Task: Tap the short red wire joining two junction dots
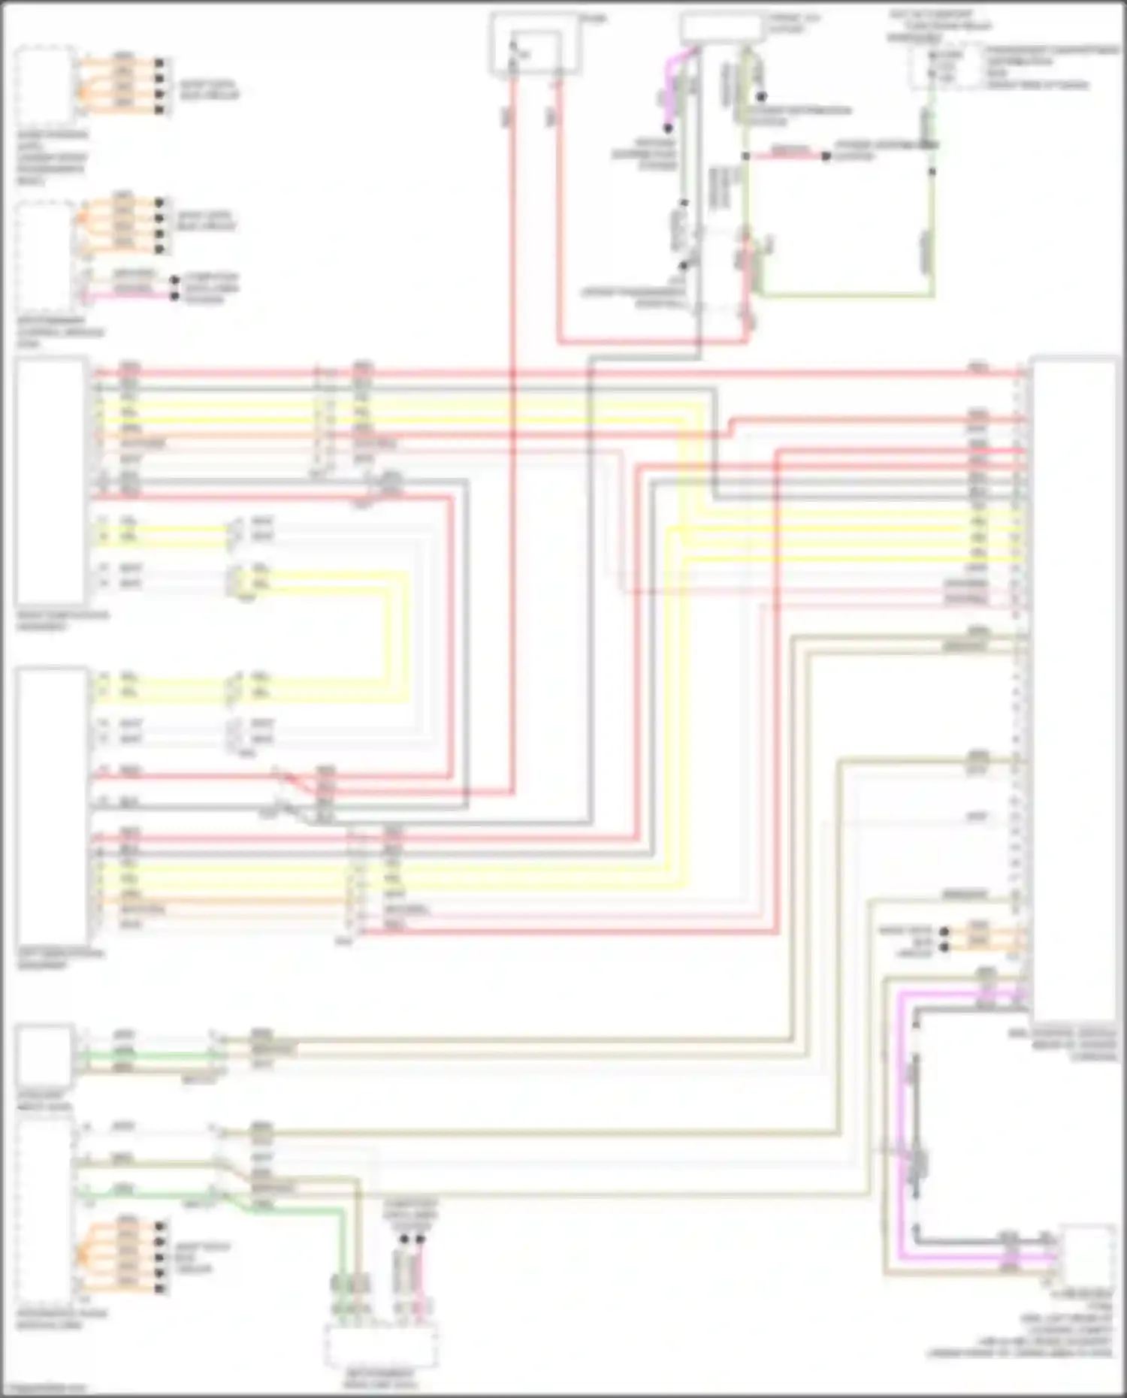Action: click(x=785, y=156)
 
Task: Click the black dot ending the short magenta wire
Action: click(x=667, y=128)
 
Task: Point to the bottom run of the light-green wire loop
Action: click(x=845, y=295)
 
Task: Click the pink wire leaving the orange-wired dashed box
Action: click(x=128, y=295)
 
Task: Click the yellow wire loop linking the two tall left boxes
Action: click(x=391, y=631)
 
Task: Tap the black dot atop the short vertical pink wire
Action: click(x=420, y=1239)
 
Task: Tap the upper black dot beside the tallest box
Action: click(x=944, y=931)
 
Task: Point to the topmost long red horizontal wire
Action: click(x=556, y=372)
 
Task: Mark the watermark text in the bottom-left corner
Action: click(x=45, y=1388)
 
